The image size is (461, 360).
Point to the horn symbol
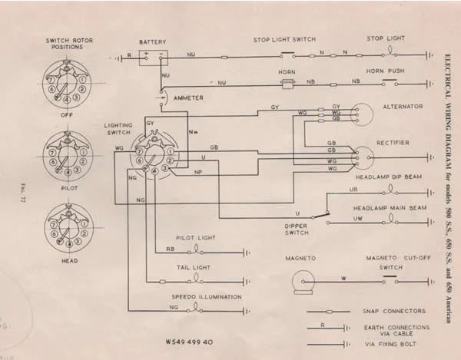pos(289,82)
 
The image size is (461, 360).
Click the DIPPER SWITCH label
pos(303,230)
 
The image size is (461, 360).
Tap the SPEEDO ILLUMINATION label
pos(207,296)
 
